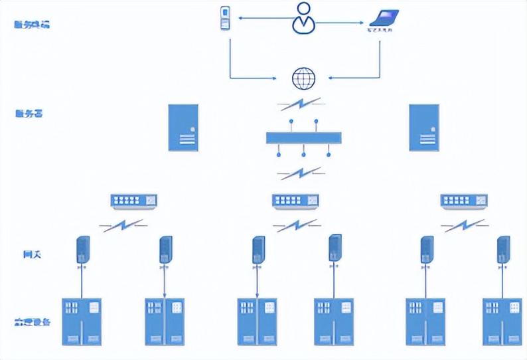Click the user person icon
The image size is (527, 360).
tap(303, 18)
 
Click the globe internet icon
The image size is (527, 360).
tap(303, 78)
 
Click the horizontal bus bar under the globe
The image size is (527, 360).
tap(303, 138)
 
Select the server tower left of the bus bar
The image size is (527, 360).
tap(183, 127)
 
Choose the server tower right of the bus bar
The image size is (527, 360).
tap(423, 127)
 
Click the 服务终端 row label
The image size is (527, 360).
tap(32, 25)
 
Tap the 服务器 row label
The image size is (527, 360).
tap(29, 114)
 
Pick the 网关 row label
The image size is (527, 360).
tap(32, 254)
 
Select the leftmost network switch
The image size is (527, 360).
tap(134, 200)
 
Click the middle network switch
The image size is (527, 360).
tap(295, 201)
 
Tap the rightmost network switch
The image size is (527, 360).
tap(464, 200)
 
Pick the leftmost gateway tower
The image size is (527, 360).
tap(83, 250)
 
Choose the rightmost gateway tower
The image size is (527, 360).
tap(504, 250)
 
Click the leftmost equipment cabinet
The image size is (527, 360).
tap(82, 321)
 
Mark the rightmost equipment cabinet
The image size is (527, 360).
tap(502, 321)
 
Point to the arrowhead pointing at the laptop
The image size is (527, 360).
tap(362, 23)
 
